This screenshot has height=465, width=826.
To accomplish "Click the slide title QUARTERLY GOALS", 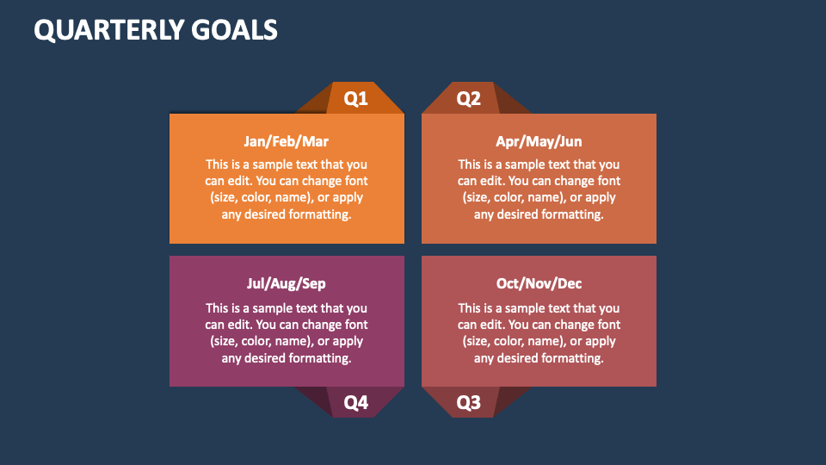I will coord(156,30).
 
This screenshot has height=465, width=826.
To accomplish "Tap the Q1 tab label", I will coord(355,99).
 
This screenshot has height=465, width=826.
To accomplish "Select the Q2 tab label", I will coord(468,99).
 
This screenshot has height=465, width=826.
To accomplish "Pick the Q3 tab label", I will coord(468,403).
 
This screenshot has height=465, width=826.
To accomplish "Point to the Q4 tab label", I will coord(355,403).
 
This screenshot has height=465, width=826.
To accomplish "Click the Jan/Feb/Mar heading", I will coord(287,141).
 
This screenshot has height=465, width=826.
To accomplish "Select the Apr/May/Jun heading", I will coord(539,141).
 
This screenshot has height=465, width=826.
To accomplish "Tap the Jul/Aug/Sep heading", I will coord(287,283).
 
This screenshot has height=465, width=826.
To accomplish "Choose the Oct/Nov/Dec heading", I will coord(539,283).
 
